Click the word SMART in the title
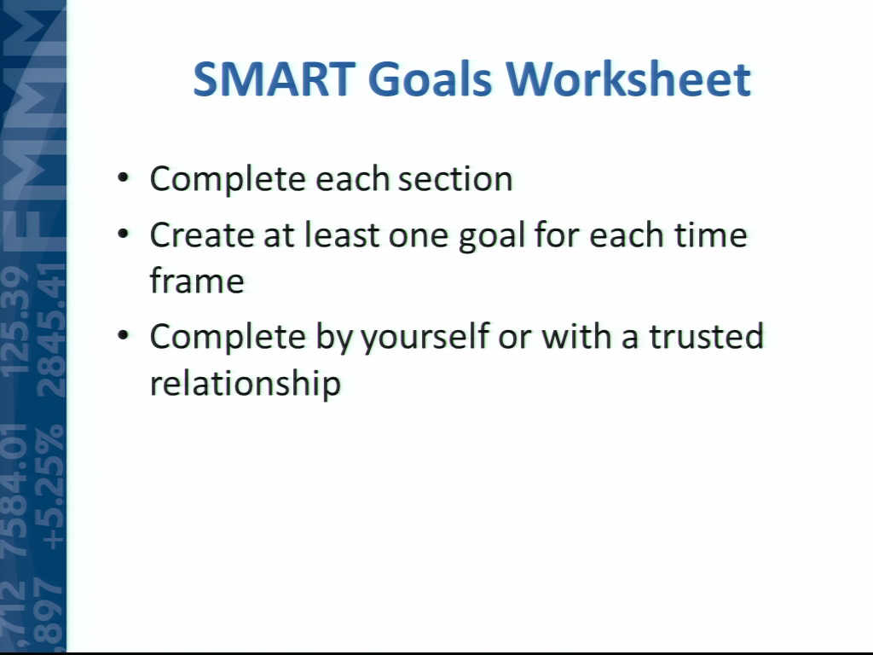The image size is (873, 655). [274, 79]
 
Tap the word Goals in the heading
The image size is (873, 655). [430, 79]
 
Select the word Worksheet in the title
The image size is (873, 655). [628, 79]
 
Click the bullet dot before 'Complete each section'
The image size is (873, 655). [123, 179]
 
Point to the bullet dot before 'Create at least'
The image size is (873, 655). [123, 234]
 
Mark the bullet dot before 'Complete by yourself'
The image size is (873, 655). [123, 336]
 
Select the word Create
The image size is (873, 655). [202, 235]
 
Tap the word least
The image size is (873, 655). [341, 235]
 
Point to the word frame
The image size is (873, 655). [197, 280]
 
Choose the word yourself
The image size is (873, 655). [425, 339]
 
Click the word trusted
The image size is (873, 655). [707, 336]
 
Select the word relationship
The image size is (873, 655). [246, 385]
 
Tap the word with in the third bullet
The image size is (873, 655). [576, 336]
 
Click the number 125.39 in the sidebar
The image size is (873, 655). [15, 321]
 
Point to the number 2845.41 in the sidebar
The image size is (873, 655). [51, 328]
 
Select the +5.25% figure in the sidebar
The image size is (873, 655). [51, 486]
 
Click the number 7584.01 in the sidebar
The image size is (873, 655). [15, 490]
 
